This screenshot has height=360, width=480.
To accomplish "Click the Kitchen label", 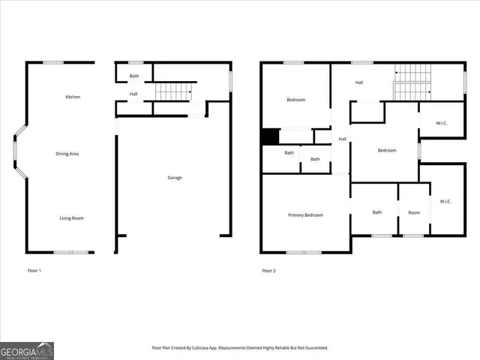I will point(73,97).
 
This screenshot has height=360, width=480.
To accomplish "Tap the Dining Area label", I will point(67,154).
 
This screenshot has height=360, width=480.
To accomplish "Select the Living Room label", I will point(72,218).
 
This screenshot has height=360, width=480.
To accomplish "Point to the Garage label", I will point(175,178).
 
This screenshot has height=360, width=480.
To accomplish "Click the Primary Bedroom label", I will point(306,215).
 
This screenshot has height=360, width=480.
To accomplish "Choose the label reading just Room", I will point(414,212).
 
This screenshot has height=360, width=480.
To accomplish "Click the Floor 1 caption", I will point(34,270).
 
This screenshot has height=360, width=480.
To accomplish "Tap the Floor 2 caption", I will point(268,270).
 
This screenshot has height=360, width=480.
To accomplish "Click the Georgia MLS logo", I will point(27,350).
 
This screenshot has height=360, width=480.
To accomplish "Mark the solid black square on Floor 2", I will point(270,137).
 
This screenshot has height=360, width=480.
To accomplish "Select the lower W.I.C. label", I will point(445,201).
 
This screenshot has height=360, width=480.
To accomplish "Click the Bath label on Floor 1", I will point(134,76).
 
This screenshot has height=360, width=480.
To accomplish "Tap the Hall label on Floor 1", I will point(133,94).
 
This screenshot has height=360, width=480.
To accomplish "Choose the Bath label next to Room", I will point(377,212).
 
